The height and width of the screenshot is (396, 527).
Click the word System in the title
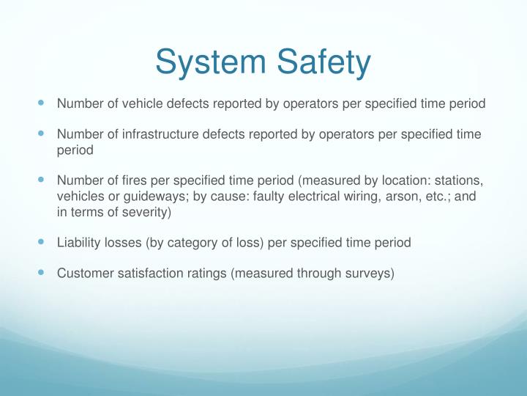coord(211,62)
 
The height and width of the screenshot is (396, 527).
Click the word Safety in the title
coord(324,62)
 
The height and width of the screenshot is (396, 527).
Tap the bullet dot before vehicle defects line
coord(41,103)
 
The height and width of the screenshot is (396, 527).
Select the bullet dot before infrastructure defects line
coord(41,133)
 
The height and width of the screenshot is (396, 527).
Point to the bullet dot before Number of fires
coord(41,180)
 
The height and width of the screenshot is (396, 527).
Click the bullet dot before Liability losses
coord(41,241)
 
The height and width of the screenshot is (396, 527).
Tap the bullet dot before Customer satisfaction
coord(41,272)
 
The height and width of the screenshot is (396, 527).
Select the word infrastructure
coord(160,134)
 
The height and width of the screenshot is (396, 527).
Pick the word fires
coord(134,180)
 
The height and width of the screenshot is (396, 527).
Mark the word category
coord(192,243)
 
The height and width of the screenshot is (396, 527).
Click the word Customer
coord(86,274)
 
